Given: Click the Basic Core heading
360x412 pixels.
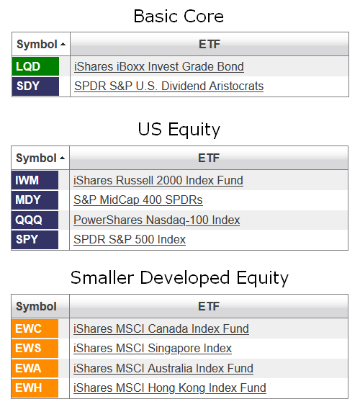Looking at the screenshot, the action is (179, 17).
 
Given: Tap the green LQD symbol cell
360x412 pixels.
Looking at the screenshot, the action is (35, 66).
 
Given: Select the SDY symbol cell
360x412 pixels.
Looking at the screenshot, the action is (35, 86).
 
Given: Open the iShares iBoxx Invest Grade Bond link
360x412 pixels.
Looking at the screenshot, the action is (159, 66).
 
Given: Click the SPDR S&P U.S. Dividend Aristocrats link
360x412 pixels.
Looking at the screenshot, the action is (169, 86).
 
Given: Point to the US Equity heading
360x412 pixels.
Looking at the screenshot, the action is (179, 130).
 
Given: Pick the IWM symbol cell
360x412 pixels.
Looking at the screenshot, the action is (35, 180).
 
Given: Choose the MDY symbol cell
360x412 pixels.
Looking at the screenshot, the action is (35, 200).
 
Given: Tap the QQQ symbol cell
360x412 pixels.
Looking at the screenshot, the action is (35, 220).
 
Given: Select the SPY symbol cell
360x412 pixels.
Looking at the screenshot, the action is (35, 239).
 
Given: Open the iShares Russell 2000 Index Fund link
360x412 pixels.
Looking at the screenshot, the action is (158, 181).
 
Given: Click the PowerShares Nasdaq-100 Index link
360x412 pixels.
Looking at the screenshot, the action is (157, 220).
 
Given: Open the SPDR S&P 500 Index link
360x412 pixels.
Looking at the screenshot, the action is (130, 240).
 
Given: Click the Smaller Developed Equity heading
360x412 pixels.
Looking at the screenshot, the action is (179, 278).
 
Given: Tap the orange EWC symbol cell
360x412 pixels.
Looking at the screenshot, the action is (35, 328).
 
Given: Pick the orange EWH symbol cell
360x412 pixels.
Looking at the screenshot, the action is (35, 388).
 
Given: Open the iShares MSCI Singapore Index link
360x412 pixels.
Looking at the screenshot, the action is (153, 349).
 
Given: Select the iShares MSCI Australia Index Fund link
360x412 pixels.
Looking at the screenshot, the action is (163, 368).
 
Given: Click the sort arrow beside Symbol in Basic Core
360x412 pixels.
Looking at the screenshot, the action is (63, 45).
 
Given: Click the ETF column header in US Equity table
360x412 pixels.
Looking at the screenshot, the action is (209, 158).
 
